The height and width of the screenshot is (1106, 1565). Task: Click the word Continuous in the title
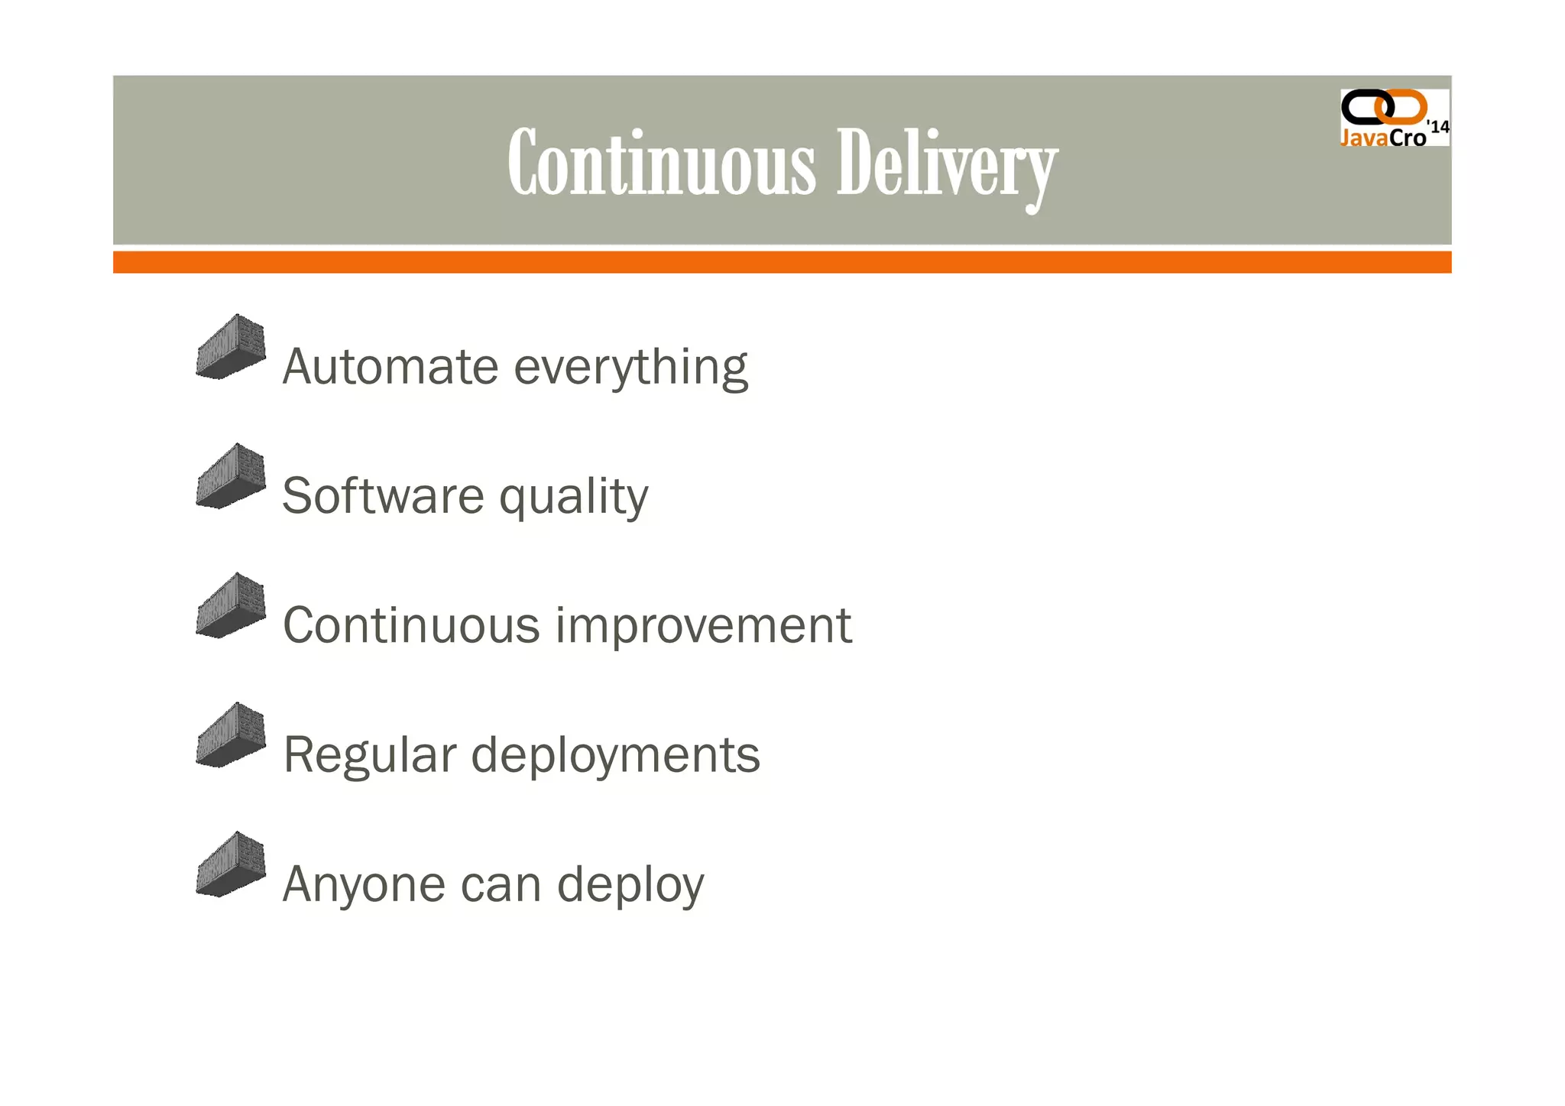(662, 163)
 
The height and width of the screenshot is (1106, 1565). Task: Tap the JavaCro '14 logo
(1393, 118)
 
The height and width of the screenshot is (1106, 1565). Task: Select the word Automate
(390, 367)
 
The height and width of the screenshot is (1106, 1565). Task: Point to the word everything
(630, 368)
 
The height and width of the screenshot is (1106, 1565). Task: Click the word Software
(383, 496)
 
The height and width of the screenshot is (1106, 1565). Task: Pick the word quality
(573, 498)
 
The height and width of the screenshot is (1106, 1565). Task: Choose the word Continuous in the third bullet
(411, 625)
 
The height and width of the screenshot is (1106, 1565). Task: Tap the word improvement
(703, 627)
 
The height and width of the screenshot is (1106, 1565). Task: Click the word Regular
(369, 754)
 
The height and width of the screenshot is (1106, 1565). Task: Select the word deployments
(615, 756)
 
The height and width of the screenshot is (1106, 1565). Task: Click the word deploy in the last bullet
(630, 886)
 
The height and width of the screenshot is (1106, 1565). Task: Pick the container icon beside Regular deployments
(231, 735)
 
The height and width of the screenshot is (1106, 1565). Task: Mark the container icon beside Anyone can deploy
(231, 864)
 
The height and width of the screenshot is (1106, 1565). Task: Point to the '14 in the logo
(1438, 127)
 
